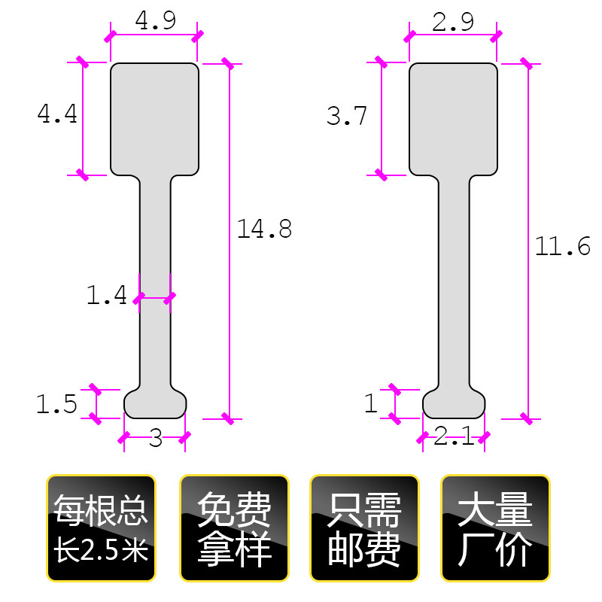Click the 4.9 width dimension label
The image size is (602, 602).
click(x=155, y=21)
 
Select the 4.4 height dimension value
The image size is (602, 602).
click(x=57, y=114)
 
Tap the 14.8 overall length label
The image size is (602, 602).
click(x=264, y=229)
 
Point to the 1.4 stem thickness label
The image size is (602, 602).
click(x=107, y=296)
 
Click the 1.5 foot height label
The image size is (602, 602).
click(x=57, y=405)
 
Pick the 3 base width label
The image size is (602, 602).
click(x=156, y=439)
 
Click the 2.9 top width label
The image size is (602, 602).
click(x=453, y=23)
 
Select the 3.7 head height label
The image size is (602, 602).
click(x=347, y=117)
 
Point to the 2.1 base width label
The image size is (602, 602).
click(x=454, y=436)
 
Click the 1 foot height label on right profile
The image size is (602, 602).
click(x=370, y=404)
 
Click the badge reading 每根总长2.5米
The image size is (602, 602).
click(x=101, y=528)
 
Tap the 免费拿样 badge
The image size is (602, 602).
click(x=234, y=528)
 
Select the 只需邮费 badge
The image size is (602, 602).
click(x=365, y=528)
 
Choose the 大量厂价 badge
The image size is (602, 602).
click(x=495, y=528)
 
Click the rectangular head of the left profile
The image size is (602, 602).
click(x=155, y=119)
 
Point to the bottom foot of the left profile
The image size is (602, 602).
click(x=155, y=403)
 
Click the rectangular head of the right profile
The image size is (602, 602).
click(x=454, y=119)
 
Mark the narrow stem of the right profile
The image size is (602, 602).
click(x=454, y=286)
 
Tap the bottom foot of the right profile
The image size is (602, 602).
click(x=454, y=403)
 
